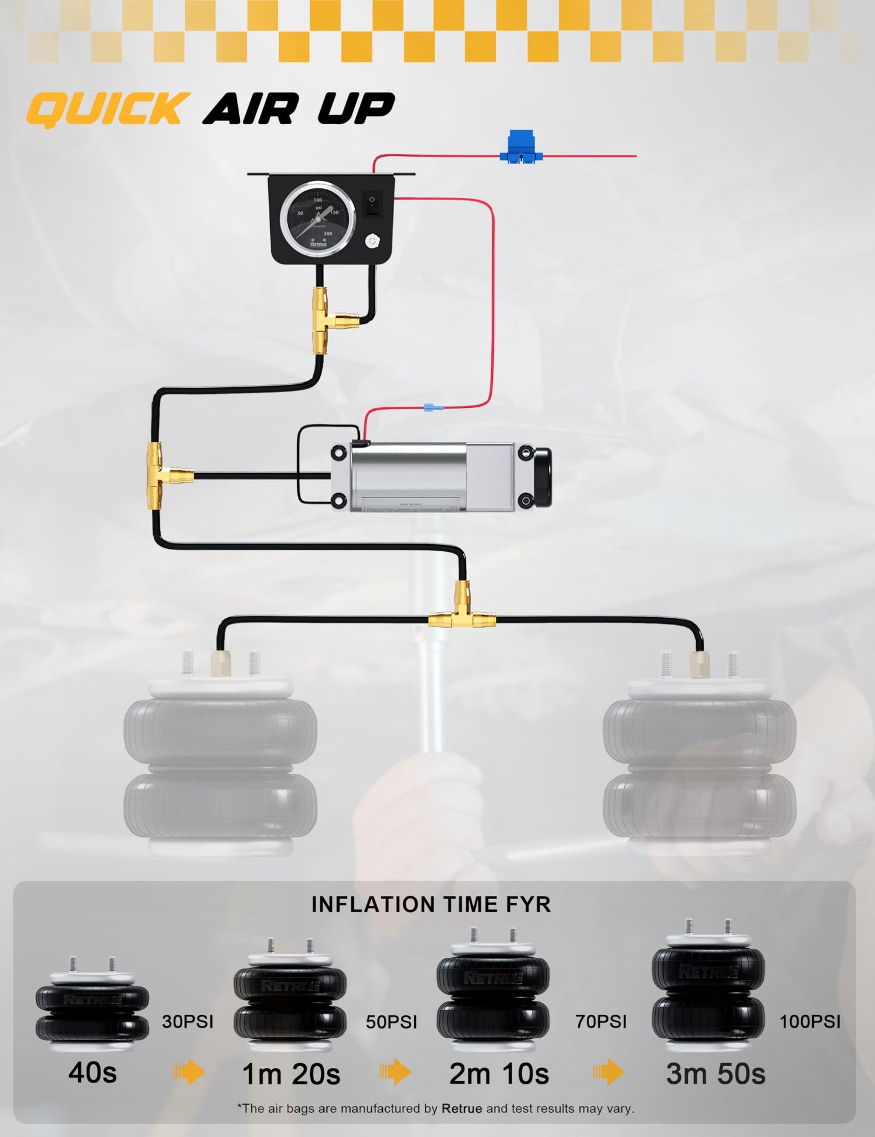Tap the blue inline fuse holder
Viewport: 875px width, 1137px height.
(x=521, y=147)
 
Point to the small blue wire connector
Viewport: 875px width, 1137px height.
(x=433, y=408)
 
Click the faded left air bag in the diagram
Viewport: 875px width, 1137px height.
(x=220, y=762)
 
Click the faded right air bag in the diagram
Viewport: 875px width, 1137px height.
(x=699, y=762)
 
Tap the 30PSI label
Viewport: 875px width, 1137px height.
(x=188, y=1021)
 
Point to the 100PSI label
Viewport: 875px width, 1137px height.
(x=810, y=1021)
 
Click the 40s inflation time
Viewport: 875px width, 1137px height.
(x=93, y=1073)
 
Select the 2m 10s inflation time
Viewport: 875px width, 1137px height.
(x=499, y=1074)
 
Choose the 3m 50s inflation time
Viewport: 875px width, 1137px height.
(x=716, y=1074)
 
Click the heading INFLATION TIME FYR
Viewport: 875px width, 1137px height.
(x=431, y=905)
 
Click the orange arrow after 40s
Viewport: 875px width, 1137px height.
(x=190, y=1072)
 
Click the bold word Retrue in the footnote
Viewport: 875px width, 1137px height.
(x=462, y=1109)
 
